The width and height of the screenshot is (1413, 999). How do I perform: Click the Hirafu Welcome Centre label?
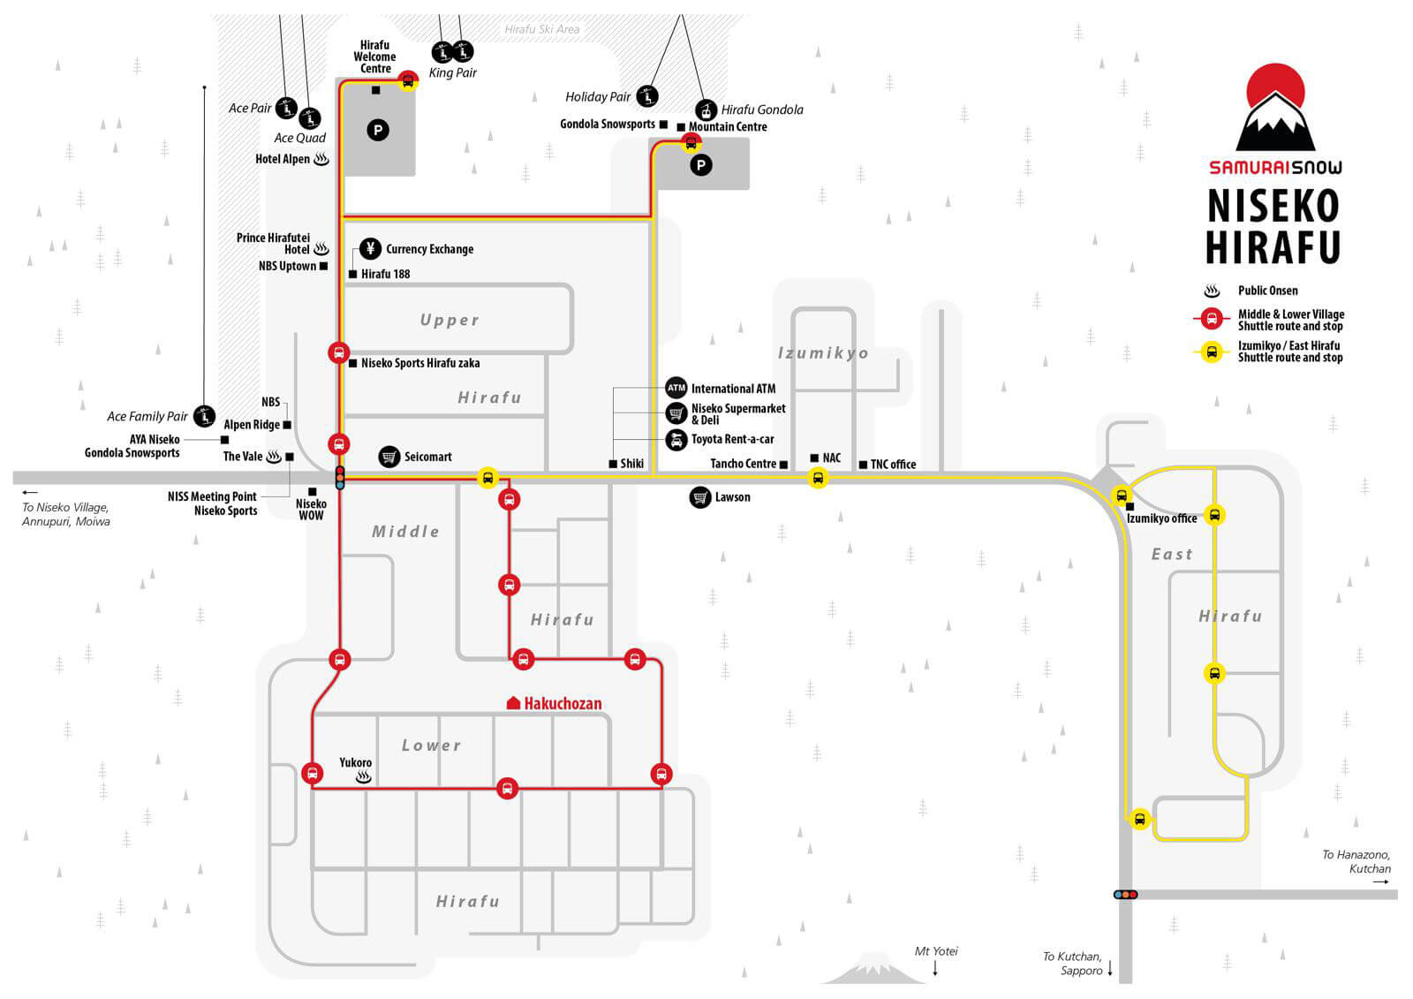tap(374, 57)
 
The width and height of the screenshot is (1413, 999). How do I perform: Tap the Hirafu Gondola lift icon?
tap(706, 110)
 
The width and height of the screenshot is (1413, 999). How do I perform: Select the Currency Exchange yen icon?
tap(370, 248)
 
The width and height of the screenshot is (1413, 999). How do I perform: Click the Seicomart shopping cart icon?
tap(389, 457)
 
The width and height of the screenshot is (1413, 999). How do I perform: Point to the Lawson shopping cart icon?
tap(699, 497)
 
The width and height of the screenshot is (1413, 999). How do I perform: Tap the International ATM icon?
tap(676, 388)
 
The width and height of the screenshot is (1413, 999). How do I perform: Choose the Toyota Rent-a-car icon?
tap(676, 439)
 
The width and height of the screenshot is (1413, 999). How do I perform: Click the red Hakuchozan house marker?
tap(513, 703)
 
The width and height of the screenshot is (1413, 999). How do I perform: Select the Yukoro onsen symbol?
tap(363, 778)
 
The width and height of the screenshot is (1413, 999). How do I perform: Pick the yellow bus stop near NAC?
tap(818, 479)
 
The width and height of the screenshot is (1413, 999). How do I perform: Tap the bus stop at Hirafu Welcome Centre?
tap(408, 81)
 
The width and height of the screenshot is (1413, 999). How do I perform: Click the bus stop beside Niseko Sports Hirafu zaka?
tap(338, 352)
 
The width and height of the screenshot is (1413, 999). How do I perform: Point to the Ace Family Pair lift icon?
tap(205, 415)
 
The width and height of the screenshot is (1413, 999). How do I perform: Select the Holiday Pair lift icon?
tap(648, 96)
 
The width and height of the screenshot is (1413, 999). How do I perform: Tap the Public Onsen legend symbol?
tap(1212, 291)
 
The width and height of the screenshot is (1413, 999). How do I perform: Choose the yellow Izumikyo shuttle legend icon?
tap(1212, 352)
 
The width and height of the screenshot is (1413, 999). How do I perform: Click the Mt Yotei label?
tap(936, 951)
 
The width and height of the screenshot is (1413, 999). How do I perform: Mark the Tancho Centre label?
tap(743, 464)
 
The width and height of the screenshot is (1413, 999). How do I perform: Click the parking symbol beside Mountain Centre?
tap(700, 165)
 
